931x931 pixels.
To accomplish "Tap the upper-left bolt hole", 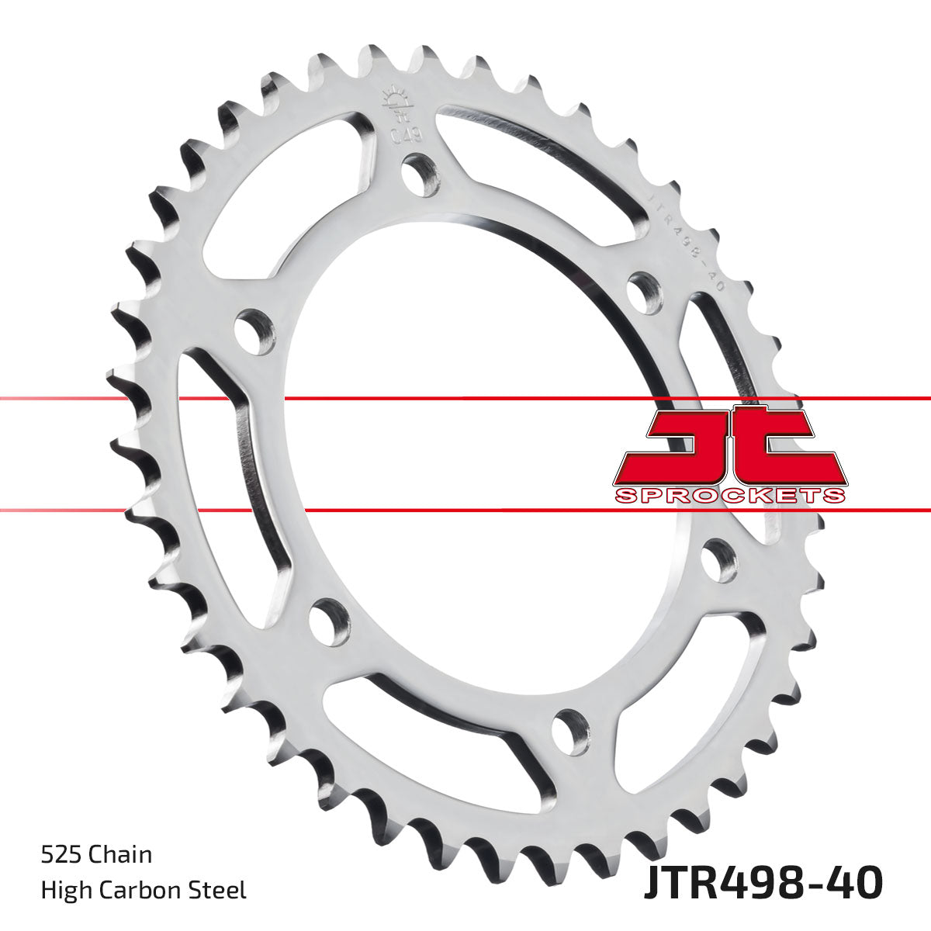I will [x=254, y=331].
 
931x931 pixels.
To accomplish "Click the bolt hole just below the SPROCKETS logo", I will [x=719, y=560].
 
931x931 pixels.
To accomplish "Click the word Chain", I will [x=120, y=855].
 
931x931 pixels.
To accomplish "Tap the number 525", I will [x=61, y=855].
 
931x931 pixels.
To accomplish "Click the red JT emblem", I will [x=729, y=446].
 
